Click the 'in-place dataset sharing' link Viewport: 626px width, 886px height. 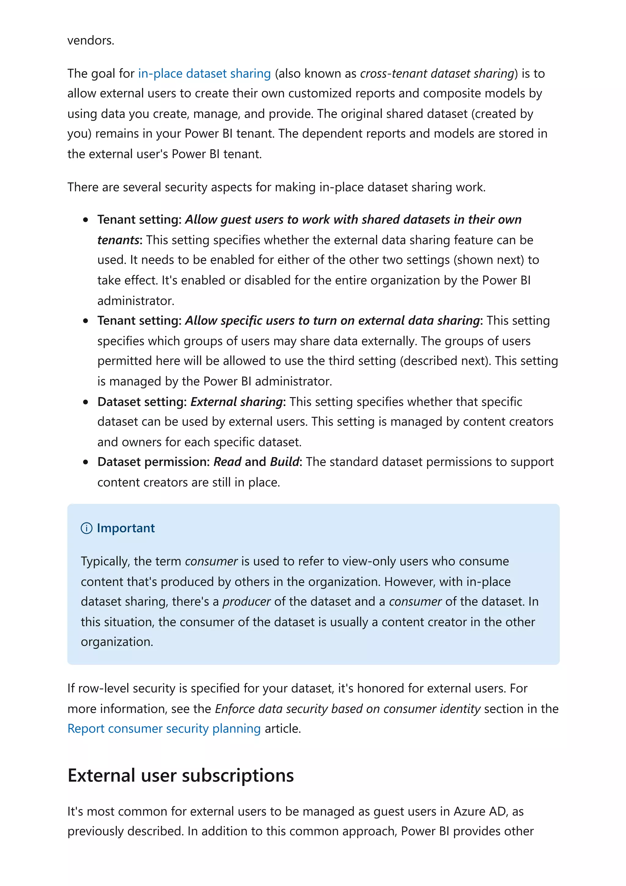[x=204, y=73]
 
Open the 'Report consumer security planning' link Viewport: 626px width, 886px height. [x=164, y=728]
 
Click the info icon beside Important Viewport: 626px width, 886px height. [x=87, y=528]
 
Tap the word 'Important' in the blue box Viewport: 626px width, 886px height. [x=126, y=528]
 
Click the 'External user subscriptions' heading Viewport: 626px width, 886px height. [x=181, y=775]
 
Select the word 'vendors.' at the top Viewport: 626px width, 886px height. [x=91, y=40]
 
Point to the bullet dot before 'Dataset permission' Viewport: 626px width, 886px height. [x=86, y=462]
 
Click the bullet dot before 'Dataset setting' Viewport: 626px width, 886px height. [x=86, y=402]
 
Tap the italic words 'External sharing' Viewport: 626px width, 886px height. [x=237, y=402]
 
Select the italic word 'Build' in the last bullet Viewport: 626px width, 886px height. [x=285, y=462]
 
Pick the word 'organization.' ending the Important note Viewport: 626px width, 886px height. [x=117, y=641]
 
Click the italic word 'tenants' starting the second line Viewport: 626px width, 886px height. [x=118, y=240]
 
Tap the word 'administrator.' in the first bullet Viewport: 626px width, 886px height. [x=136, y=301]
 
